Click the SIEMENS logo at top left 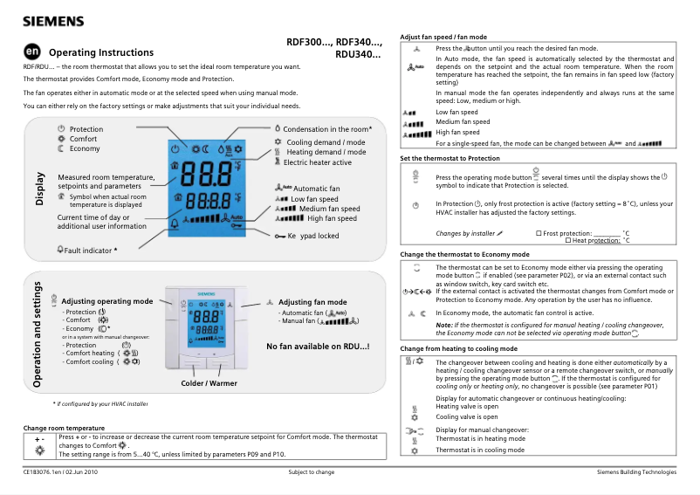click(x=52, y=20)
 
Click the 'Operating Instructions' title click(x=101, y=52)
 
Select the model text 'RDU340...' click(x=358, y=54)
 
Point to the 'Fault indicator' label click(x=87, y=250)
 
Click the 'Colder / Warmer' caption click(x=209, y=383)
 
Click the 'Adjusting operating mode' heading click(x=106, y=301)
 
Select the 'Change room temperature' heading click(x=64, y=428)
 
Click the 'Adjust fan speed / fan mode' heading click(x=445, y=38)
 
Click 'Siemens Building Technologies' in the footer click(x=635, y=472)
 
